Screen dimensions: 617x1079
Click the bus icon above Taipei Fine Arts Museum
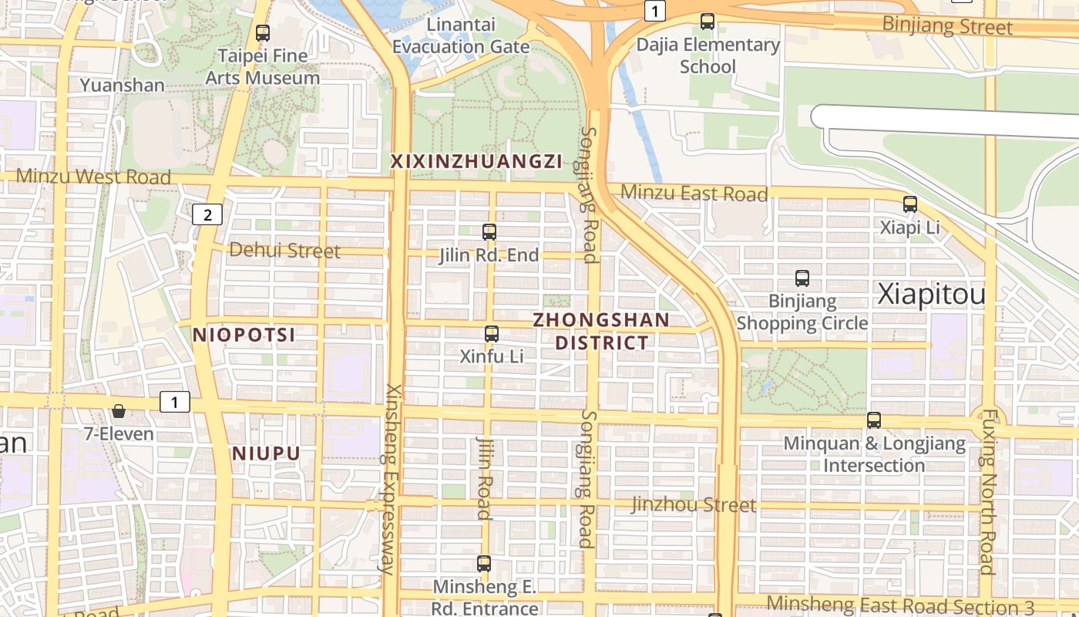point(263,33)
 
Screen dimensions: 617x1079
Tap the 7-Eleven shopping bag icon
point(119,411)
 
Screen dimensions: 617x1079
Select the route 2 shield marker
point(207,214)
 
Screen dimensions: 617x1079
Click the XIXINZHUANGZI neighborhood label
point(476,161)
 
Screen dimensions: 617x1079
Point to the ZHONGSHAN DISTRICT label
point(602,331)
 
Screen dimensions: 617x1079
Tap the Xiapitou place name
point(932,295)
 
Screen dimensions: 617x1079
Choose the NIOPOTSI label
point(244,335)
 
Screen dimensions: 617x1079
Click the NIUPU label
point(266,453)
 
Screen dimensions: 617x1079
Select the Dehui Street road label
point(284,251)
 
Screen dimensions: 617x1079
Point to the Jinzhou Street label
point(694,505)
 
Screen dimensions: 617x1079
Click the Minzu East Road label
point(694,194)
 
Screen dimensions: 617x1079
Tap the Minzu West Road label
point(93,177)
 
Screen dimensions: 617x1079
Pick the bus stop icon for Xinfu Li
point(492,334)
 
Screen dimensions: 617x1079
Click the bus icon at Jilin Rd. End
point(489,231)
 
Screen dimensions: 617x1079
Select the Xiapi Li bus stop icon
point(910,204)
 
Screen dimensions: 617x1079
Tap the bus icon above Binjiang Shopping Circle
point(802,278)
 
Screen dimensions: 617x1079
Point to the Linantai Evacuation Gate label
point(461,35)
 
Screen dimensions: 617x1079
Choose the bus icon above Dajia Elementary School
point(708,22)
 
